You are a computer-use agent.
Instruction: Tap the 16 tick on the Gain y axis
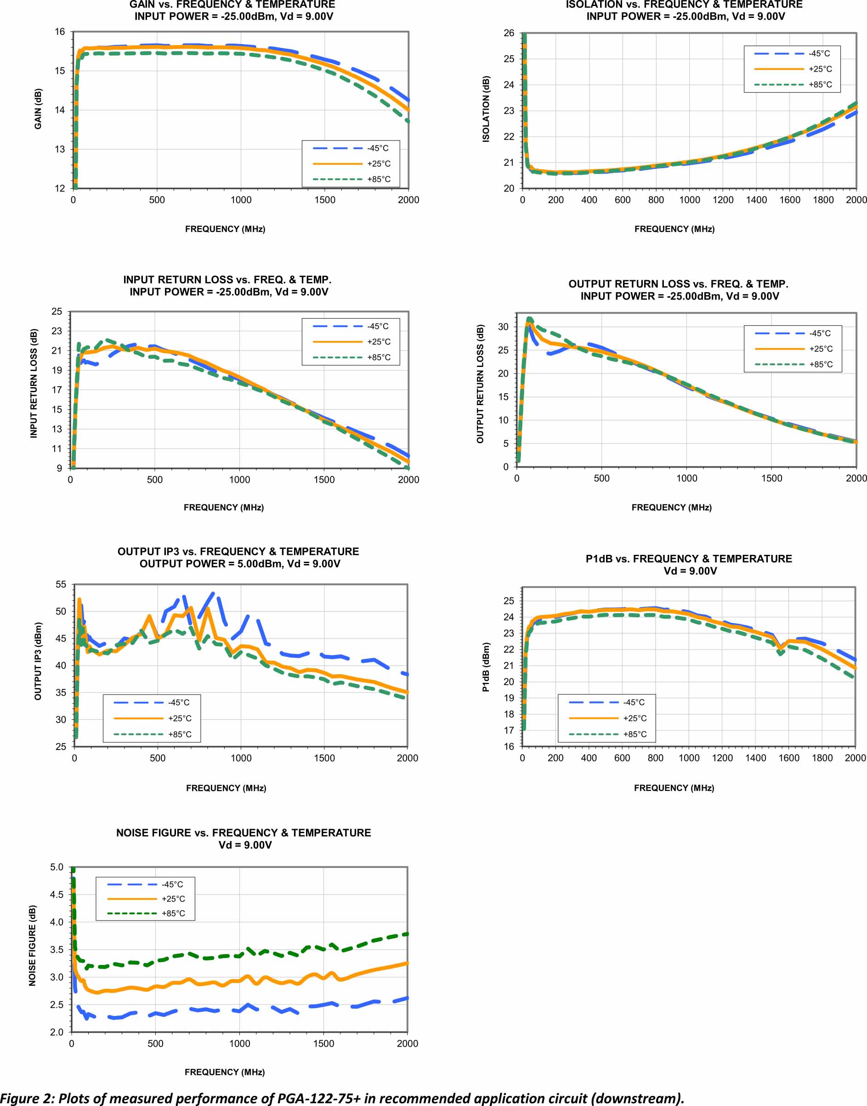pos(60,31)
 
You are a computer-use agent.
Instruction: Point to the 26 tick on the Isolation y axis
pos(509,33)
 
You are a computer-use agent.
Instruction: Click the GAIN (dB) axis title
pos(38,109)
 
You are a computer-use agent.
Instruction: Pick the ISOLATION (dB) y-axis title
pos(486,109)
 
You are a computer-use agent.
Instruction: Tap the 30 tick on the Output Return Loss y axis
pos(503,327)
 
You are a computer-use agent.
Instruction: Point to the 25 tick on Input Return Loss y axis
pos(57,311)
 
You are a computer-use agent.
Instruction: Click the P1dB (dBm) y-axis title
pos(486,667)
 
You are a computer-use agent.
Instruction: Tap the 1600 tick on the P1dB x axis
pos(789,758)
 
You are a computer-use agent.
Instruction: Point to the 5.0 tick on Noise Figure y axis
pos(57,867)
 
